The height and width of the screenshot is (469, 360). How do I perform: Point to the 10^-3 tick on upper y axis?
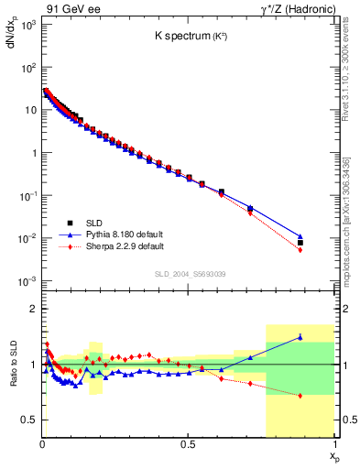[x=28, y=280]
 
